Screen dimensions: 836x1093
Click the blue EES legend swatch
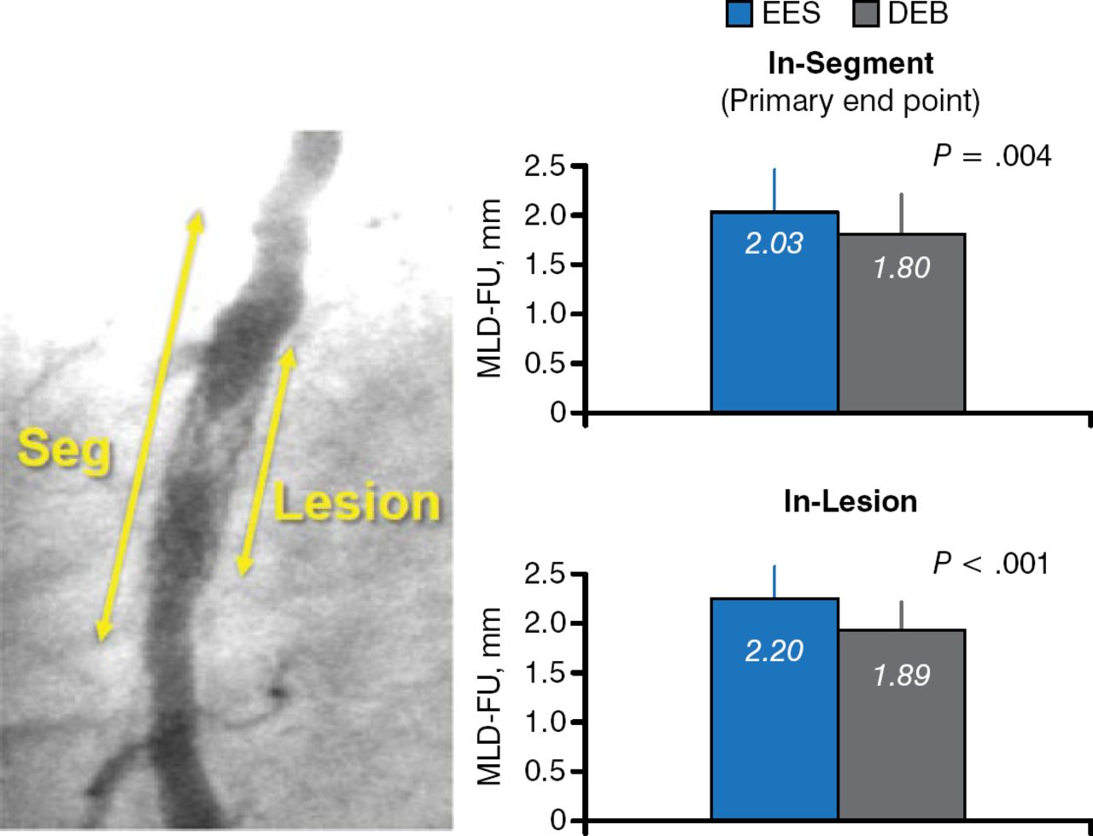(739, 14)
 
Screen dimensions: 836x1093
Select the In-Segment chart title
(850, 64)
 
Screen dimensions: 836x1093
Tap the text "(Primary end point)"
(850, 101)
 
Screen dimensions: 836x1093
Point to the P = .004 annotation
(991, 156)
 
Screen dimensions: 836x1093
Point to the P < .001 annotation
(991, 564)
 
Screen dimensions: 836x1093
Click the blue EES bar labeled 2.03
(774, 312)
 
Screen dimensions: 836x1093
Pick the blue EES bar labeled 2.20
(774, 710)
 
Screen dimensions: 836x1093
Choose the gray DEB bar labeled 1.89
(902, 725)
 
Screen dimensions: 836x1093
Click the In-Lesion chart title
(850, 502)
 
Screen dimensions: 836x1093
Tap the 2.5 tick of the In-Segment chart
(546, 167)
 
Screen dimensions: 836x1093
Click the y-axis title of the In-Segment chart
(488, 289)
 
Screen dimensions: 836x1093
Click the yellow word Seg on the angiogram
(65, 449)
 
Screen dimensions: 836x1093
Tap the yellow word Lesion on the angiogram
(356, 503)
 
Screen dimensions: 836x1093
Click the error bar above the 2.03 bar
(774, 190)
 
